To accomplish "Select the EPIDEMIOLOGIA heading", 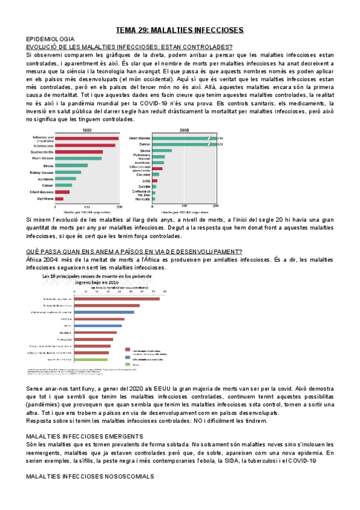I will pyautogui.click(x=49, y=38).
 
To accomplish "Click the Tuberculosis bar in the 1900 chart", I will pyautogui.click(x=85, y=145).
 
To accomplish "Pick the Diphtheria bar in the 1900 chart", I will pyautogui.click(x=59, y=198).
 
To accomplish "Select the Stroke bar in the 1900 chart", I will pyautogui.click(x=72, y=165).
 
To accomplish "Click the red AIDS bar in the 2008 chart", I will pyautogui.click(x=155, y=180).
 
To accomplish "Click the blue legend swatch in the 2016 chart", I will pyautogui.click(x=127, y=358).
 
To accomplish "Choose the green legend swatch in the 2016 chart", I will pyautogui.click(x=127, y=364).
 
